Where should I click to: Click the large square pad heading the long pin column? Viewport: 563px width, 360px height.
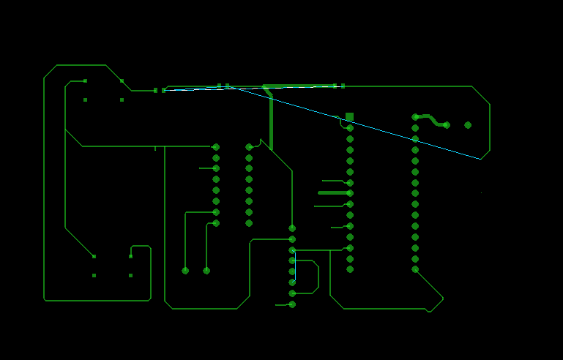349,117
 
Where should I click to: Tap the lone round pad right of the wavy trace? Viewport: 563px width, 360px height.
468,125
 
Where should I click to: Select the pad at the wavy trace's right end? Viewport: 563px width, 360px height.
447,125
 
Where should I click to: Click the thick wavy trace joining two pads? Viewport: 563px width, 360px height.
432,119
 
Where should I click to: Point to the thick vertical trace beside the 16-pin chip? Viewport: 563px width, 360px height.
271,121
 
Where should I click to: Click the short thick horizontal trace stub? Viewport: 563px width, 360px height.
333,193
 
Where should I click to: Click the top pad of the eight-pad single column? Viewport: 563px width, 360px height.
292,228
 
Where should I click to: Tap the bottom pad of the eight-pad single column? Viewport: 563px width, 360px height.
292,304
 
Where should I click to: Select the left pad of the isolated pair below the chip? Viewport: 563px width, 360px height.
185,271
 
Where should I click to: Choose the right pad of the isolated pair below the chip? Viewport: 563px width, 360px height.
206,271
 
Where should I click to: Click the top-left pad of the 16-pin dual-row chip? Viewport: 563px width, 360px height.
216,147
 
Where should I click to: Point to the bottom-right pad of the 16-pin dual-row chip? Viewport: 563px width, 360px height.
249,223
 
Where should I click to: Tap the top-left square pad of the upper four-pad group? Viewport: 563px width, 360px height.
85,81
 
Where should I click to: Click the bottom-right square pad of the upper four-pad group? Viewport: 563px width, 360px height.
122,100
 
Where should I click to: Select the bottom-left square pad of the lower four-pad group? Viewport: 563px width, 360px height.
94,276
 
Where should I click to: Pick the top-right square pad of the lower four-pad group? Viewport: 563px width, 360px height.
130,256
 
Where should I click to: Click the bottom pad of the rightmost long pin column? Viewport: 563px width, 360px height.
415,269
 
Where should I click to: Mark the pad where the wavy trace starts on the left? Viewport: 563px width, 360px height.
415,117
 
